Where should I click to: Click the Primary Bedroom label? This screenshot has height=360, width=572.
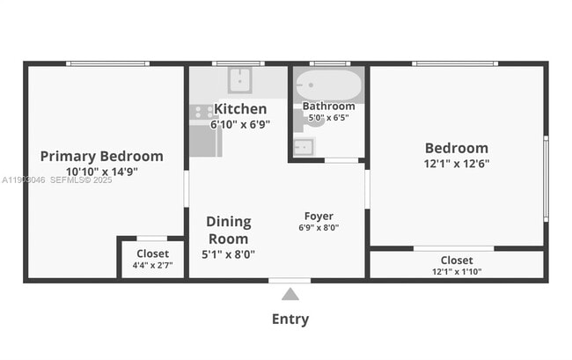click(x=101, y=157)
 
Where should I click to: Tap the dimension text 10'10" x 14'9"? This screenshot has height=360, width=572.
click(x=101, y=172)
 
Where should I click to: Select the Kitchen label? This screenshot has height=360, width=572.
click(x=240, y=109)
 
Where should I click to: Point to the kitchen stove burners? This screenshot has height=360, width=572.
click(x=202, y=113)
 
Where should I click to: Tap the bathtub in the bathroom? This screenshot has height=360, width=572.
click(x=328, y=87)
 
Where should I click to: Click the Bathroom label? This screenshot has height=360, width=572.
click(x=328, y=107)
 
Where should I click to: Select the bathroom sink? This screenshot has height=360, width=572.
click(x=303, y=146)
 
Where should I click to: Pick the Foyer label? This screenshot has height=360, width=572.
click(x=319, y=216)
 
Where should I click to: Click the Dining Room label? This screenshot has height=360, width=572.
click(x=228, y=230)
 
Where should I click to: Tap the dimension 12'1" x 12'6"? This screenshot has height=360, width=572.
click(x=456, y=163)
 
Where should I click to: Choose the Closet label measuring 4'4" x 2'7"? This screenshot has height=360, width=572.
click(x=152, y=253)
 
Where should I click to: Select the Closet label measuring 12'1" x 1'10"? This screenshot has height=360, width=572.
click(x=456, y=260)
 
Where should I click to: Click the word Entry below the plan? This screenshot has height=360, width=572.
click(x=290, y=320)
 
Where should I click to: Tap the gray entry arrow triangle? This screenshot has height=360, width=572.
click(x=290, y=294)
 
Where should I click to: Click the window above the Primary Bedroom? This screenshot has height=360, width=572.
click(x=107, y=63)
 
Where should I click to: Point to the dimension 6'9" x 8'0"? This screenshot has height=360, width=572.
click(x=319, y=227)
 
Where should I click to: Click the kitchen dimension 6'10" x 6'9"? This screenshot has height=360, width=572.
click(x=239, y=124)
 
